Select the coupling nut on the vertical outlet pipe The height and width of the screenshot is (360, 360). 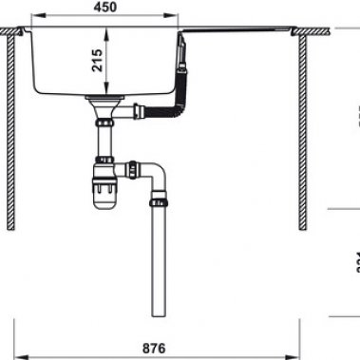(x=159, y=202)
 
